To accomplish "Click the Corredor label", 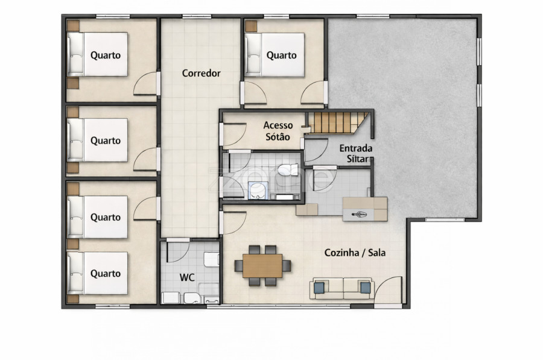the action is point(201,74).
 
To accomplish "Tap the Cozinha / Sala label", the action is point(355,253).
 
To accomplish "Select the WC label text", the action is point(187,277).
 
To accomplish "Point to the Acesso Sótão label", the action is point(278,131).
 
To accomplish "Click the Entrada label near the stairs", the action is point(355,148).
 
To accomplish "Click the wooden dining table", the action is point(262,265).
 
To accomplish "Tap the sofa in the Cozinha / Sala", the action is point(342,288).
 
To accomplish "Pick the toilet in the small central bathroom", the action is point(288,169).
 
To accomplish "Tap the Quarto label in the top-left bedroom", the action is point(106,55).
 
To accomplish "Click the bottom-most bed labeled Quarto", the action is point(97,273).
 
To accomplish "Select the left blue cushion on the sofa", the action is point(319,288).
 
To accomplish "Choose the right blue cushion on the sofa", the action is point(365,288).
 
